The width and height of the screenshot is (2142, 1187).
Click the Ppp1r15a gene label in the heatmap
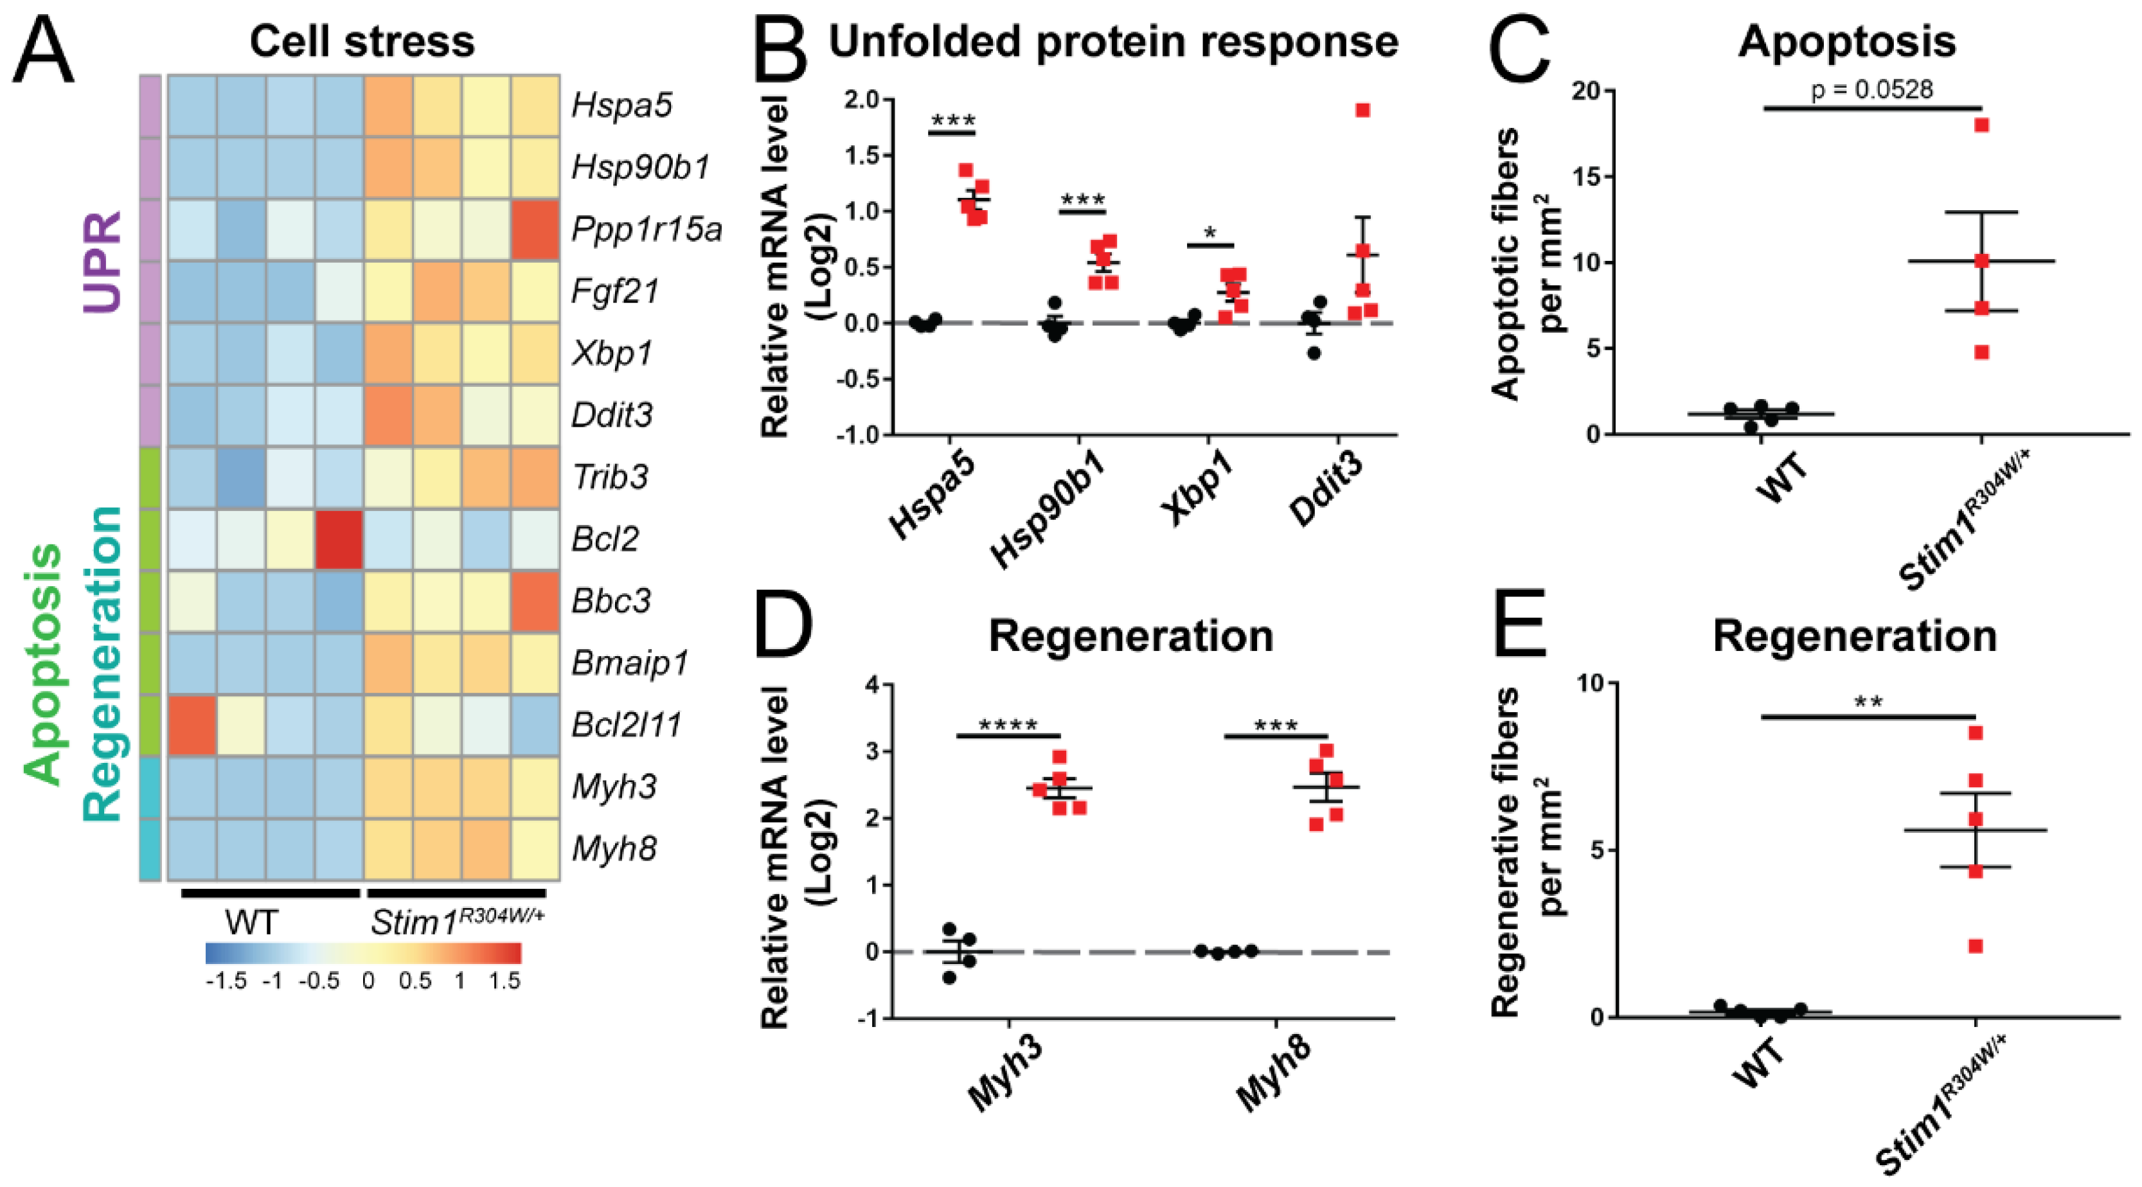click(646, 229)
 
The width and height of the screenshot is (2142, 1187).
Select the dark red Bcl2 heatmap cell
click(339, 539)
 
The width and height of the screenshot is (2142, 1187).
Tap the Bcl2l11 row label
click(626, 725)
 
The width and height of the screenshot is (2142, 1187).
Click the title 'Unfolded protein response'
click(1112, 42)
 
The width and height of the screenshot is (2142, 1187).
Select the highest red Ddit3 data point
click(1362, 111)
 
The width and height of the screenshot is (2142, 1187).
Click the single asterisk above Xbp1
click(1210, 233)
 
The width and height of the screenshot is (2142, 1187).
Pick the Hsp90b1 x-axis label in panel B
click(1049, 507)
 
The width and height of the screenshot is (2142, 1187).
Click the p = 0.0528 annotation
click(1871, 89)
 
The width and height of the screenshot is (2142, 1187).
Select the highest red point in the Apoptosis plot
click(1981, 125)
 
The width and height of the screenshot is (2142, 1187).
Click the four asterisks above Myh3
click(1008, 725)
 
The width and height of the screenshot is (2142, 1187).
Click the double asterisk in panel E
click(1868, 702)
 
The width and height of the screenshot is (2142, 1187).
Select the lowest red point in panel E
click(1976, 946)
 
